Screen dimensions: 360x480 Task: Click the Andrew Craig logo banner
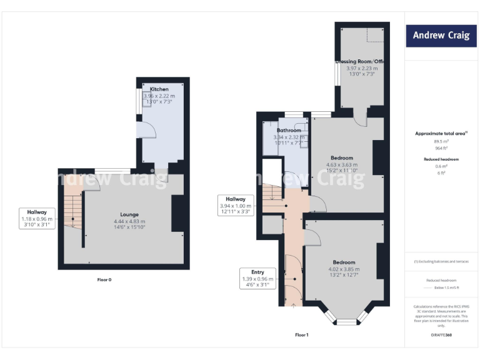coord(441,36)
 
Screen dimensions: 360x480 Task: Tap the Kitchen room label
coord(159,89)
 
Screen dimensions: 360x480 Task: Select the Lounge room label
coord(129,214)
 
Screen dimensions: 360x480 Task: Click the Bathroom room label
coord(289,130)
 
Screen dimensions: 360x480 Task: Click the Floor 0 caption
coord(104,279)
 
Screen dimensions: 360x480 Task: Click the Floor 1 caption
coord(302,335)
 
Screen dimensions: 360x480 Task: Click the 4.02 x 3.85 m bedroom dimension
coord(344,269)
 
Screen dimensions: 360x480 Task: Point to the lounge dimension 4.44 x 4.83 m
coord(129,221)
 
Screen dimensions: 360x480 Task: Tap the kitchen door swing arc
coord(147,130)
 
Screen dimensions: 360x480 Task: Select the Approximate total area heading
coord(441,133)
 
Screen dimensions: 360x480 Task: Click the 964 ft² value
coord(441,147)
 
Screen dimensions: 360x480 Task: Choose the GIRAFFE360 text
coord(441,336)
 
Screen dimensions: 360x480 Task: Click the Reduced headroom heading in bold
coord(441,159)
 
